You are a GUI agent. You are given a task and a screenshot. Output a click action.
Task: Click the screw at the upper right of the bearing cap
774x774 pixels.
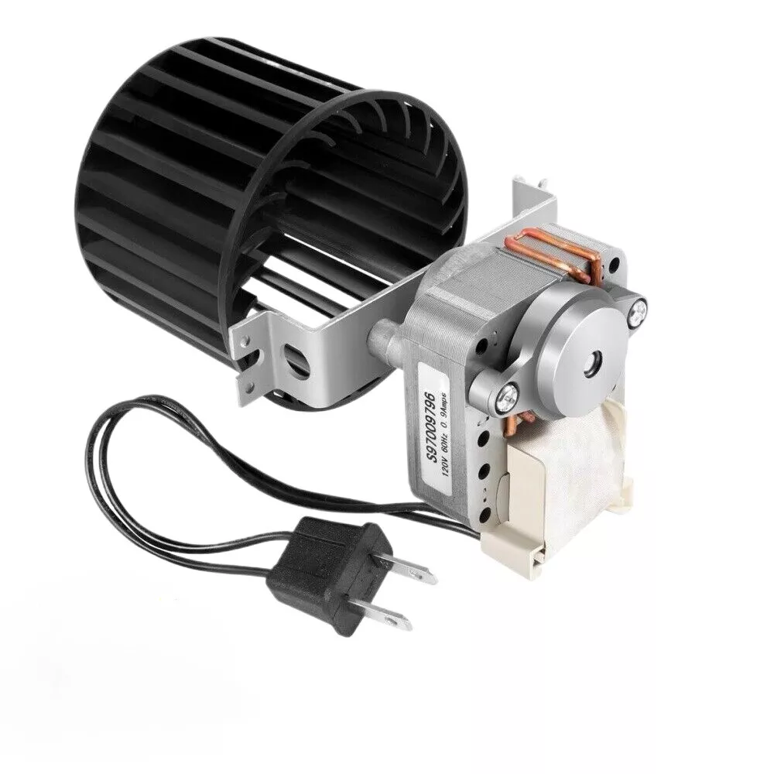coord(639,312)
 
